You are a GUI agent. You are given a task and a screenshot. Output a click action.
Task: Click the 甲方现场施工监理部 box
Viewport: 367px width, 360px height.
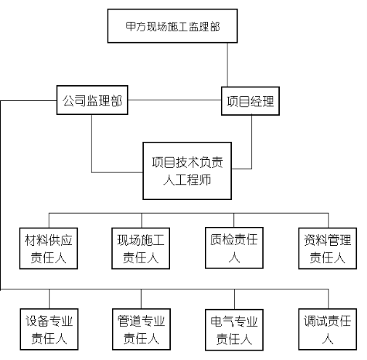point(172,26)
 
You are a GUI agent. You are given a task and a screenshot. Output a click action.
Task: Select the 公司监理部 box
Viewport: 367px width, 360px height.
point(92,100)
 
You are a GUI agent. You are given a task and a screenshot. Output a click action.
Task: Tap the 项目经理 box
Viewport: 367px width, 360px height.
point(250,101)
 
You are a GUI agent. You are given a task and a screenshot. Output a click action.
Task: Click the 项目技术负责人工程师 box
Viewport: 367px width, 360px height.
point(187,171)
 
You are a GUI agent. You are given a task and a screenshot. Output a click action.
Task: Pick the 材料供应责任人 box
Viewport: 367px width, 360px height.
point(49,248)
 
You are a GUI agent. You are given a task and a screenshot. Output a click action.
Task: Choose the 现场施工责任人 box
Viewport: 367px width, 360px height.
point(140,248)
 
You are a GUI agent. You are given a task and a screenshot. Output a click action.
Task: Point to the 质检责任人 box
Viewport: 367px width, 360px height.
point(234,248)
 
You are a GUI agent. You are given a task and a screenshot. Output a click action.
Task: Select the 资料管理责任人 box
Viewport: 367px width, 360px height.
point(328,248)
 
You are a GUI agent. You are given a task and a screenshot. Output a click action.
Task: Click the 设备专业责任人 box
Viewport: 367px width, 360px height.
point(49,329)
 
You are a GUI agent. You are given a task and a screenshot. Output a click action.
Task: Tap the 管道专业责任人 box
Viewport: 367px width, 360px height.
point(141,329)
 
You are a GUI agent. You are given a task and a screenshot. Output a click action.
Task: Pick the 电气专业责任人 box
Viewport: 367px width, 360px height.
point(234,329)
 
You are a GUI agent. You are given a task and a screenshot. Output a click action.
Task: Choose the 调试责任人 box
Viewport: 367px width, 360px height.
point(328,329)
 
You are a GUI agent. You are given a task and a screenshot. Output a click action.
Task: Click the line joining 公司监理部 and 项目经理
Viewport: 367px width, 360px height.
point(174,100)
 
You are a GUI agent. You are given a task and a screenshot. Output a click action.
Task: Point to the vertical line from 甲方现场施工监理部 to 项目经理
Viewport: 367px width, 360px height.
point(227,65)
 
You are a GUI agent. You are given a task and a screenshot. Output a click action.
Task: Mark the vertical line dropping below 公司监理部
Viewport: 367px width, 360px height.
point(92,143)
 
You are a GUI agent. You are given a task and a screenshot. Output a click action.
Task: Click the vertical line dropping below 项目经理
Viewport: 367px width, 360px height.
point(251,142)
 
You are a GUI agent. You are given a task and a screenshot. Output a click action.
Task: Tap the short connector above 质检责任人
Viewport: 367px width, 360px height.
point(234,220)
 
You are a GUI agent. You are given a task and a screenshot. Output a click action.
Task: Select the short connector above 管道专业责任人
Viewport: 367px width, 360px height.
point(141,299)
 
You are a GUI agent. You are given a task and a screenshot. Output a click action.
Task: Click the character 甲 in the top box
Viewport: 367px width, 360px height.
point(131,26)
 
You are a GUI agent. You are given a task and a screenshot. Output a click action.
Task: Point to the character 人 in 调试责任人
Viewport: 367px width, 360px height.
point(328,338)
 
